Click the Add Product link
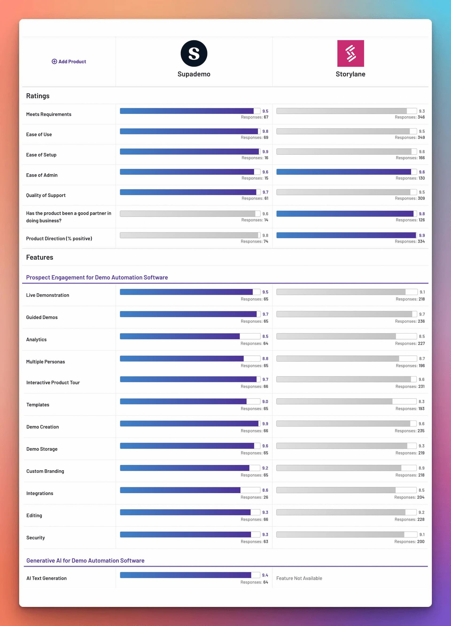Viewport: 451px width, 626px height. click(69, 61)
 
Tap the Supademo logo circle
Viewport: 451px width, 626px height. click(194, 53)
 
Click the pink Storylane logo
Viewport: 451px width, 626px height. click(350, 53)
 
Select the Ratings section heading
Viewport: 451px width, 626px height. click(38, 96)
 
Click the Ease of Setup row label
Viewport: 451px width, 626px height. click(41, 155)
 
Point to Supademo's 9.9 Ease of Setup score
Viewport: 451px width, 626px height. click(265, 152)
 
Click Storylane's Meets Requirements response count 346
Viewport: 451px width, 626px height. click(421, 117)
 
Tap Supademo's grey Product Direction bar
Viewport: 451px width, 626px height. click(189, 235)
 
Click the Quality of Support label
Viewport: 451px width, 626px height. click(46, 195)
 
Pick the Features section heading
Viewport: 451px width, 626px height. click(39, 257)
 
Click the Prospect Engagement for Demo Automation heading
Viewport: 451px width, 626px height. click(97, 277)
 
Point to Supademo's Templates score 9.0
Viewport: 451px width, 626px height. click(265, 402)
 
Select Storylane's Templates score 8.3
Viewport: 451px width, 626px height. click(421, 402)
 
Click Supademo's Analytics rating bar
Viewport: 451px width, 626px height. click(180, 336)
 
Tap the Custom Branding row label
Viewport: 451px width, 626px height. click(45, 471)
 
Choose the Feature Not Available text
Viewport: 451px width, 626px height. click(299, 578)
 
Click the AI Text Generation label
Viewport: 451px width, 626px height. click(47, 578)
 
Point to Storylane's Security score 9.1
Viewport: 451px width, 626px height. click(422, 535)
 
